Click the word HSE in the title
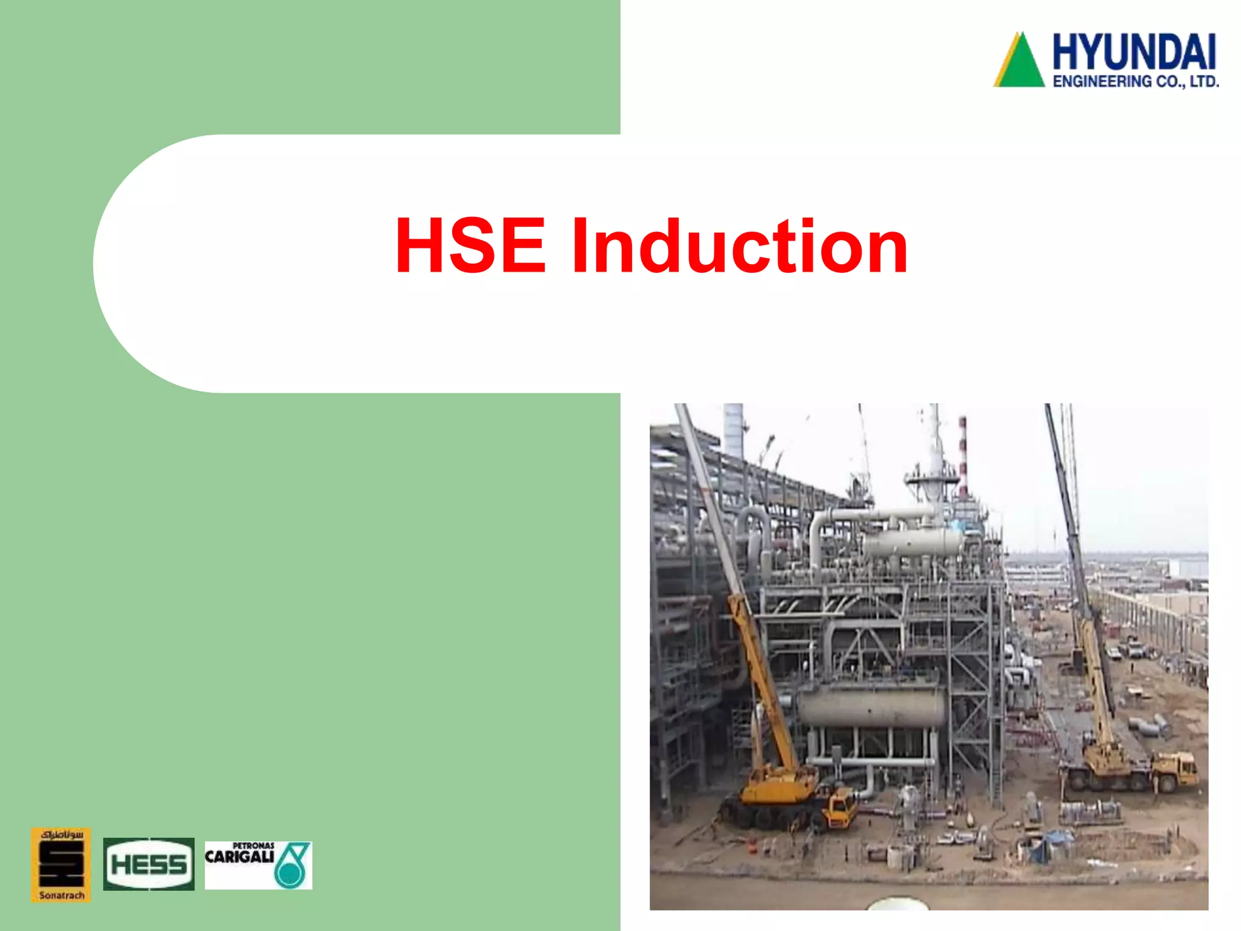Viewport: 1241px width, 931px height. coord(470,246)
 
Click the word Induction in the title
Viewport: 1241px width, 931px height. coord(739,246)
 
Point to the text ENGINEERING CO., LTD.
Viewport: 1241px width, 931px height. coord(1136,81)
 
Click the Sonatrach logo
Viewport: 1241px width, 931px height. coord(61,864)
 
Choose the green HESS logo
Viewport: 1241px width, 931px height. coord(148,864)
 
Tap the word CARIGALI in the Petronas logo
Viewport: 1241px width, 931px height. coord(240,856)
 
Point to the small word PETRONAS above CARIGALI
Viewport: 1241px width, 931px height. coord(253,846)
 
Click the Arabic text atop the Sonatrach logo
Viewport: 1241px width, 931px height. coord(61,835)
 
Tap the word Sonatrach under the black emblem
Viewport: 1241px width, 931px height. coord(61,895)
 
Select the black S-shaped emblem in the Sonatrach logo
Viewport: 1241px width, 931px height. coord(61,864)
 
